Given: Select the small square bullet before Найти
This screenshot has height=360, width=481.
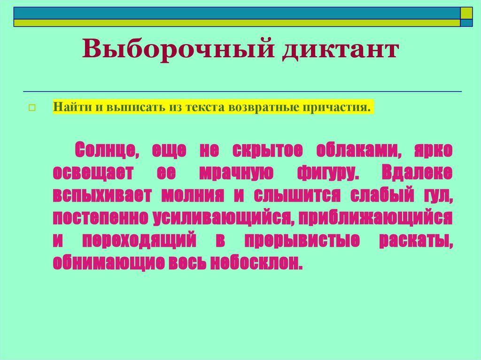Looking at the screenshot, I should coord(32,107).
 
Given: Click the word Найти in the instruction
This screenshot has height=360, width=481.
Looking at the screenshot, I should coord(69,107).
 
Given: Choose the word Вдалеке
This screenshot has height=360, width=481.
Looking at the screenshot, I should coord(417,173).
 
